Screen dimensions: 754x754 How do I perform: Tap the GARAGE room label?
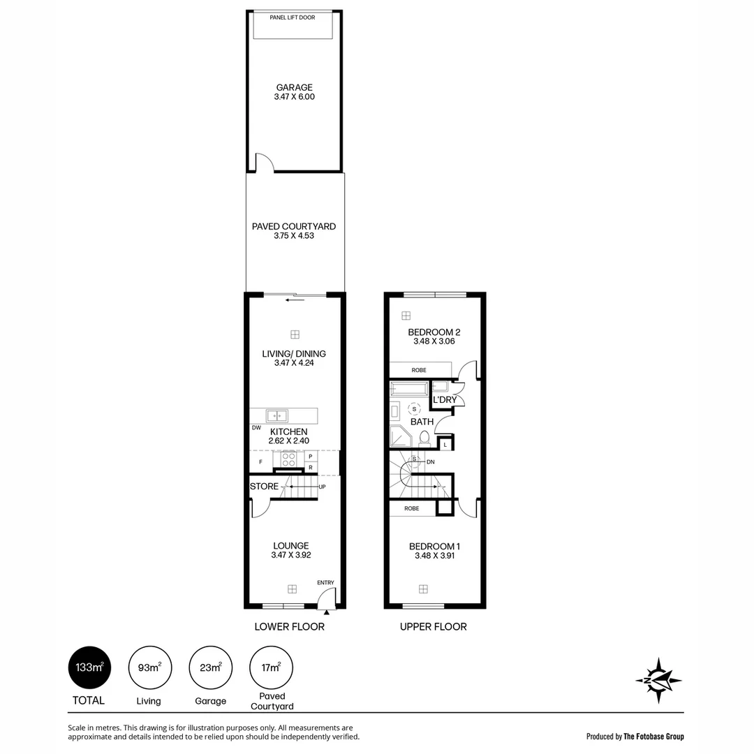pos(294,88)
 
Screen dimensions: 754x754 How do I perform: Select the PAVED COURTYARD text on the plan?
pos(294,227)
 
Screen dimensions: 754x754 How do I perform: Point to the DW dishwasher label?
pos(256,428)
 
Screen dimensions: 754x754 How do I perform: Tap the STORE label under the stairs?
pos(264,487)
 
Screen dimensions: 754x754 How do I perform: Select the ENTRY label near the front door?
pos(325,583)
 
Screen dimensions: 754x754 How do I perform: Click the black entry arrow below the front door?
pos(326,612)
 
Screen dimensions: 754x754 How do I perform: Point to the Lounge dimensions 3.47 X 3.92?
pos(291,556)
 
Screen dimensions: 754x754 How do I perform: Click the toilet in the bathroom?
pos(424,438)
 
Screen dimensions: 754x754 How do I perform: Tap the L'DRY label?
pos(445,400)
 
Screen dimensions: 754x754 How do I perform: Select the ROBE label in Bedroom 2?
pos(419,370)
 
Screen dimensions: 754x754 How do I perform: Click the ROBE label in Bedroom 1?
pos(412,509)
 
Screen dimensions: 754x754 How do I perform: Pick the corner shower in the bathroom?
pos(401,436)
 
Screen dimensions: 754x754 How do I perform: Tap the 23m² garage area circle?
pos(210,668)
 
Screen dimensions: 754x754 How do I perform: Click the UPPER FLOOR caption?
pos(433,627)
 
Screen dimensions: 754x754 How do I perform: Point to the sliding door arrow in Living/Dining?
pos(295,300)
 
